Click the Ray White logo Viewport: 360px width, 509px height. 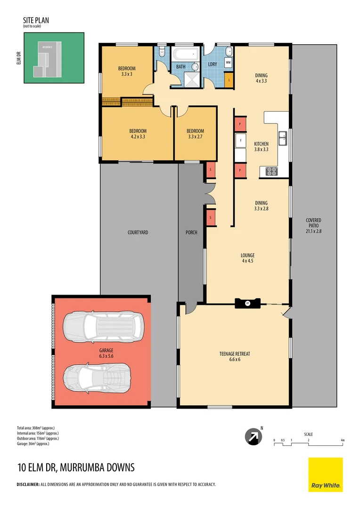[x=326, y=475]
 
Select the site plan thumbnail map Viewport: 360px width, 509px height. [x=54, y=58]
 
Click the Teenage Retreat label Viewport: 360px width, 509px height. [x=234, y=356]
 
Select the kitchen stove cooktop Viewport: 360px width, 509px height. [x=272, y=172]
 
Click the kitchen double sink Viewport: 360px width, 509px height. [x=283, y=139]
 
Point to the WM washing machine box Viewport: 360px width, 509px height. [x=228, y=62]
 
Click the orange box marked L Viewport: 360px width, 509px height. [x=229, y=80]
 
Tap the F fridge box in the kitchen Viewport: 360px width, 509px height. [x=240, y=140]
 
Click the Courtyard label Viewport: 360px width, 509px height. [x=138, y=232]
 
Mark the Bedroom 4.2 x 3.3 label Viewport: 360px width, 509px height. [x=138, y=134]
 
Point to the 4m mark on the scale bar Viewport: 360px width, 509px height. [x=343, y=440]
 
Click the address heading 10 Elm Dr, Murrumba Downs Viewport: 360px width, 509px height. [x=76, y=468]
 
